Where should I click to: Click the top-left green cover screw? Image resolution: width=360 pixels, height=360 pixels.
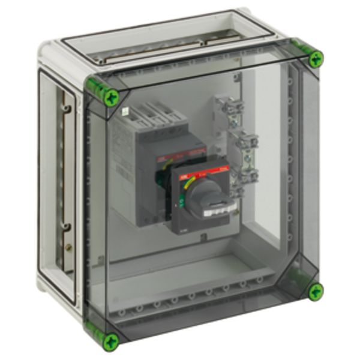(x=110, y=97)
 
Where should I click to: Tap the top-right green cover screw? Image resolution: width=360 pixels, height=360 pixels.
(x=316, y=59)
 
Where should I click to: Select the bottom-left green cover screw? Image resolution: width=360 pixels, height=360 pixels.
(x=110, y=342)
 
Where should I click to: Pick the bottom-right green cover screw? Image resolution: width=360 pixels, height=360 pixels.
(x=316, y=292)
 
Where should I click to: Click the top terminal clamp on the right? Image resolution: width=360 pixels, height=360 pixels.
(x=235, y=107)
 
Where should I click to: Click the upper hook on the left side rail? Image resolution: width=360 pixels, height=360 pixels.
(x=67, y=109)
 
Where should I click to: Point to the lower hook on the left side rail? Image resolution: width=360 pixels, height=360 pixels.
(x=67, y=227)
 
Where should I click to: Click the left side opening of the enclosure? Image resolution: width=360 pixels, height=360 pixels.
(x=57, y=180)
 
